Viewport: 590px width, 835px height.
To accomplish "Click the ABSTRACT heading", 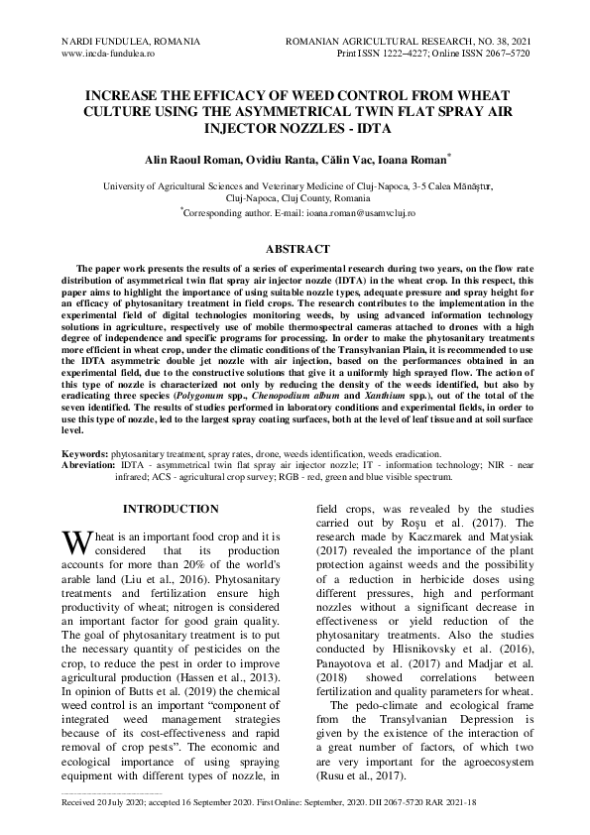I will click(295, 249).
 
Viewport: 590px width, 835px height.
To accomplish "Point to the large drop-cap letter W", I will click(75, 543).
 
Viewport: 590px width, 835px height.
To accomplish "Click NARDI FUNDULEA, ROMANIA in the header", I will click(131, 43).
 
